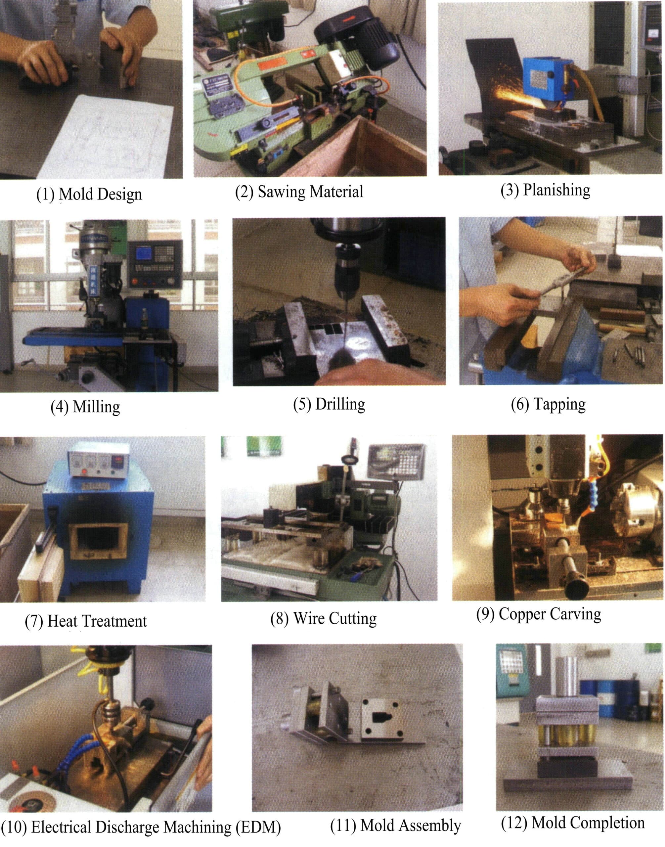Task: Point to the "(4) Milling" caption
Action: pos(85,407)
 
